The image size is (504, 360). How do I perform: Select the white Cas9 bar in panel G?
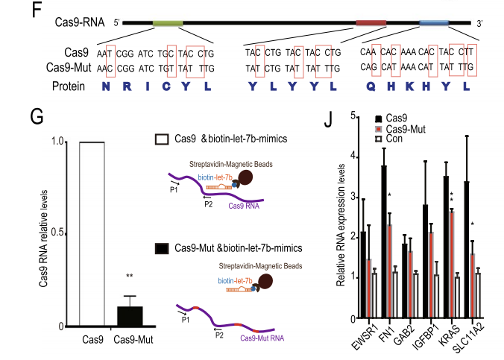pos(82,233)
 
